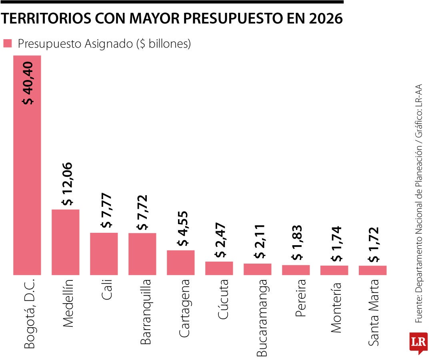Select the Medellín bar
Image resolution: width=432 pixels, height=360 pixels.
tap(66, 242)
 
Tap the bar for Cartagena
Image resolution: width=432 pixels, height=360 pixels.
tap(181, 262)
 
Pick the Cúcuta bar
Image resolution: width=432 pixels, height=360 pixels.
tap(219, 268)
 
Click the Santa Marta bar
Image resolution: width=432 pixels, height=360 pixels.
tap(373, 270)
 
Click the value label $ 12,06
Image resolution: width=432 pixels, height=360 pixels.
tap(66, 184)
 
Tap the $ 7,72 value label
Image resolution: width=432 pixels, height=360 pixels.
tap(142, 212)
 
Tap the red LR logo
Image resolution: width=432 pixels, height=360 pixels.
tap(418, 342)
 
